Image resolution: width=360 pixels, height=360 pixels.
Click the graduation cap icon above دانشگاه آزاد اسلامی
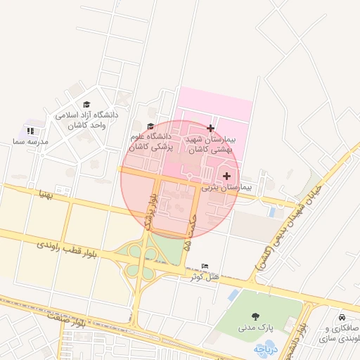[86, 104]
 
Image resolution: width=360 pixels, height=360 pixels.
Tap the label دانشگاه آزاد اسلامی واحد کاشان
[86, 120]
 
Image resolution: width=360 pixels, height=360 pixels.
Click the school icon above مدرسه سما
[30, 131]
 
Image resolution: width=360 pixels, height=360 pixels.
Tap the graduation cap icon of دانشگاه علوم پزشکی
[150, 126]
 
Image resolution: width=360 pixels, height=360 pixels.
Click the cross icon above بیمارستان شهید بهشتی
[210, 128]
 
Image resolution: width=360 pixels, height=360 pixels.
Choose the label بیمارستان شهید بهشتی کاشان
[211, 146]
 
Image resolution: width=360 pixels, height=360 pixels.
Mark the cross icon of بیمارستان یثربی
[226, 176]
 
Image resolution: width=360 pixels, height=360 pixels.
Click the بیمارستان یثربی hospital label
[226, 188]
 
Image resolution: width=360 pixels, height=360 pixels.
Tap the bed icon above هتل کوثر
[205, 265]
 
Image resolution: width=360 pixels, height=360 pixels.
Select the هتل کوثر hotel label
[205, 276]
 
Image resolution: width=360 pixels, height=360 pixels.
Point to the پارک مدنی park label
[254, 328]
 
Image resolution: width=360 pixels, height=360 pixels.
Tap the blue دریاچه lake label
[266, 348]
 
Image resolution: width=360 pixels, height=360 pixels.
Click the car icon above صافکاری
[342, 318]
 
